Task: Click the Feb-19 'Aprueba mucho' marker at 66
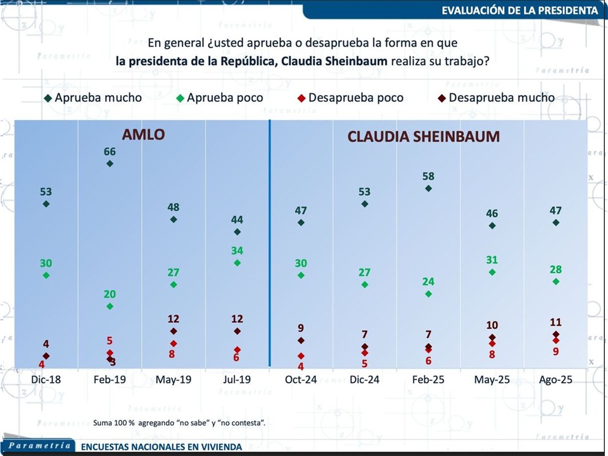pyautogui.click(x=110, y=163)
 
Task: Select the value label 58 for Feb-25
pyautogui.click(x=429, y=176)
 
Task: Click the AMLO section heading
pyautogui.click(x=143, y=135)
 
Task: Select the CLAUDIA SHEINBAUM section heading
pyautogui.click(x=423, y=136)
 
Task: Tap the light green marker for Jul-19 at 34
pyautogui.click(x=237, y=263)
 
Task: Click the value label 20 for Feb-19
pyautogui.click(x=110, y=294)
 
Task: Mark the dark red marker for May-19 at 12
pyautogui.click(x=174, y=331)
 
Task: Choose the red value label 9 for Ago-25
pyautogui.click(x=555, y=351)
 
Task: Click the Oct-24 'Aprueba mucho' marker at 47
pyautogui.click(x=301, y=223)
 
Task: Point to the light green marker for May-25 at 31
pyautogui.click(x=492, y=272)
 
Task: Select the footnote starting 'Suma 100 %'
pyautogui.click(x=179, y=422)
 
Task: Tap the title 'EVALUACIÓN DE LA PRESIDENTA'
pyautogui.click(x=519, y=10)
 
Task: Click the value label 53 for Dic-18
pyautogui.click(x=46, y=192)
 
